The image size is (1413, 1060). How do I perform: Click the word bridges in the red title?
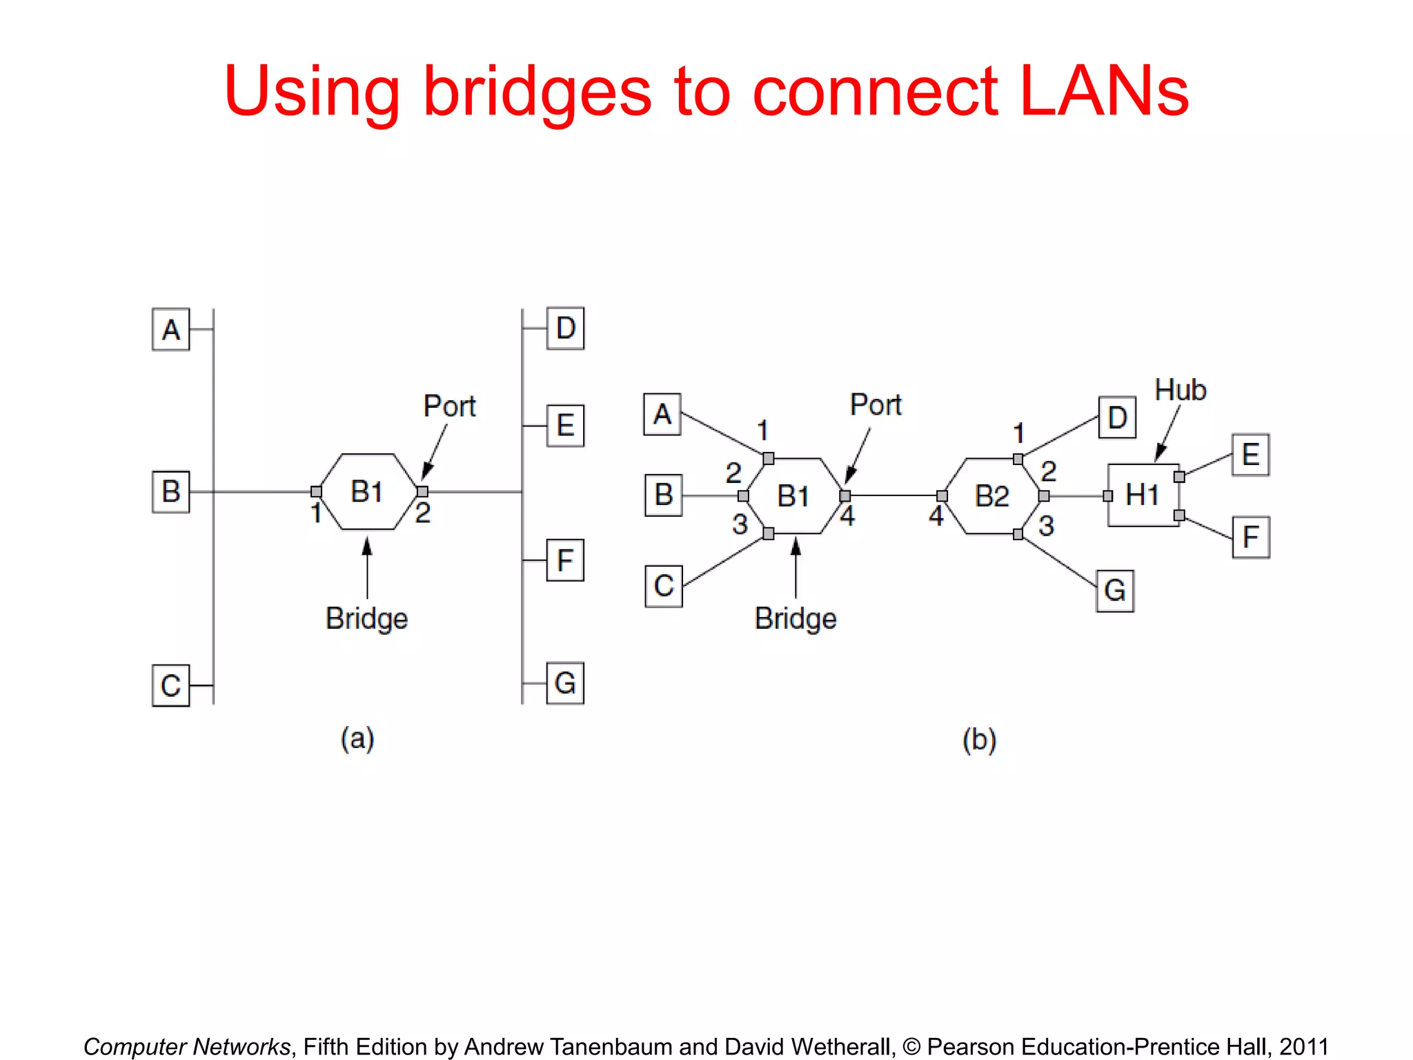(537, 92)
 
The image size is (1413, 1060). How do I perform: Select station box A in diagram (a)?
(170, 330)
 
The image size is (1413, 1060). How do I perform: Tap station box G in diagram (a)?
(565, 683)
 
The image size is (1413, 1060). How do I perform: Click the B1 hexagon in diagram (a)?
(368, 491)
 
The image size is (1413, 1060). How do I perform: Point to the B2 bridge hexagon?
(992, 495)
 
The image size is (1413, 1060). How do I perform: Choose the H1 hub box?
(1143, 495)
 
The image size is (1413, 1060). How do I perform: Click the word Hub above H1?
(1180, 390)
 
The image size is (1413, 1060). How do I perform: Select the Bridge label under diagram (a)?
(366, 618)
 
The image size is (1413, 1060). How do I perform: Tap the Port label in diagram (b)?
(876, 405)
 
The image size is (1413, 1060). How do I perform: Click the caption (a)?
(357, 738)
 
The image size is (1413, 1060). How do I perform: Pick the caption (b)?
(979, 740)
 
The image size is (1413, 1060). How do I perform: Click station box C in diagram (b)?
(664, 587)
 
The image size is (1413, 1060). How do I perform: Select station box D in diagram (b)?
(1117, 418)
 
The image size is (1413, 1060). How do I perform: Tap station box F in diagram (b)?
(1251, 537)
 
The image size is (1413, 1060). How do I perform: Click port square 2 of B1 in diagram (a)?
(422, 491)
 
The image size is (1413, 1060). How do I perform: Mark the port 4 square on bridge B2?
(942, 496)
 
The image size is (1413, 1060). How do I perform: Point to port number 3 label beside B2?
(1046, 526)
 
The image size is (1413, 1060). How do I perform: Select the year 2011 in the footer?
(1303, 1046)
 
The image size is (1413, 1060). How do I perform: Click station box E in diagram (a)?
(565, 426)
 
